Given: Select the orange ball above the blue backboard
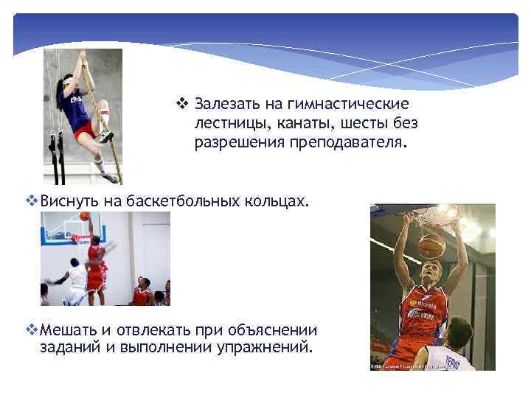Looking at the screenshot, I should pos(85,216).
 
